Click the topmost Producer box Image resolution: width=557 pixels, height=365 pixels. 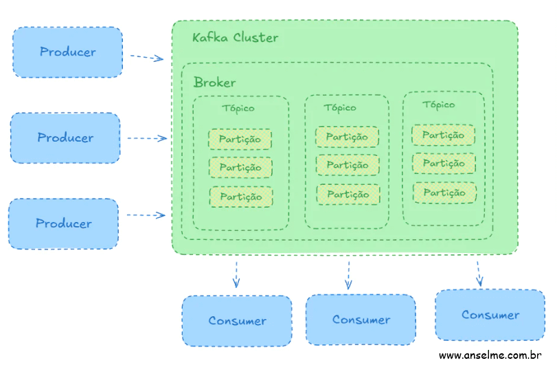[x=67, y=52]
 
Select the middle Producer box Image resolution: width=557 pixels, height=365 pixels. [x=65, y=138]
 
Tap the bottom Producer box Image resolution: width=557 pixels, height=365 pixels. [x=63, y=223]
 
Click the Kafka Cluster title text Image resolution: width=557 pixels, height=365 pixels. [x=235, y=37]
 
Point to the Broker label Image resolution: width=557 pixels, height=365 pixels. [x=214, y=82]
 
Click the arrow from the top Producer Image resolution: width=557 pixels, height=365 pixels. [x=146, y=58]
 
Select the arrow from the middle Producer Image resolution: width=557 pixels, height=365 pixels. [x=147, y=138]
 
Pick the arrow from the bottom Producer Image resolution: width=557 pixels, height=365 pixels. [x=146, y=214]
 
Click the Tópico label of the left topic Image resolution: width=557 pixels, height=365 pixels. [x=238, y=109]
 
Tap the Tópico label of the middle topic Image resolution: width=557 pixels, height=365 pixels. [x=340, y=108]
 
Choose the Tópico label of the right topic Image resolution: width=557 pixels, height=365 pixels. [x=438, y=105]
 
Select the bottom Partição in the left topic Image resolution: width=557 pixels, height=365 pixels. [x=240, y=197]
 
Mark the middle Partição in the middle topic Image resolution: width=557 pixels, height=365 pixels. [x=347, y=165]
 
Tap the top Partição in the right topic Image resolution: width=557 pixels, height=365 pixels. [x=443, y=135]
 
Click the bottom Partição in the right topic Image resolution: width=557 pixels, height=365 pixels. [x=444, y=192]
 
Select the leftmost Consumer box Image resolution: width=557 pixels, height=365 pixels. [x=237, y=320]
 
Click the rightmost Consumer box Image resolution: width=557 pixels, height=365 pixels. [x=490, y=315]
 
